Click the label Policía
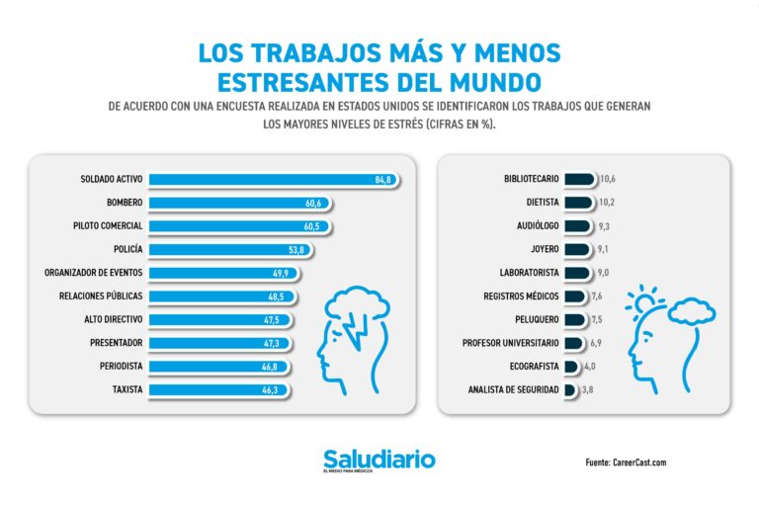(x=127, y=249)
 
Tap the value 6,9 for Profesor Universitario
(x=596, y=343)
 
